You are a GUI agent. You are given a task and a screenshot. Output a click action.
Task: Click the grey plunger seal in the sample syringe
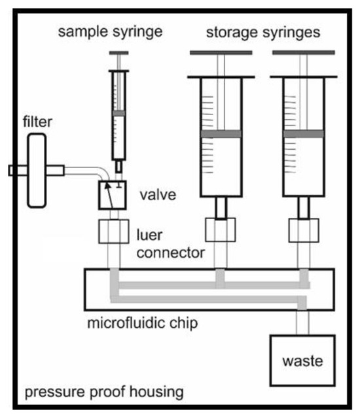[118, 113]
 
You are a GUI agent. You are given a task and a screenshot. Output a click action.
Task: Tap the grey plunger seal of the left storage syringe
[221, 134]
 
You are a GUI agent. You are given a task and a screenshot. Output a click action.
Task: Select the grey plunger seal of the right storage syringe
[304, 134]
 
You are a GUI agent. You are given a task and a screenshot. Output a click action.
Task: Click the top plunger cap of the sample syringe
[118, 52]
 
